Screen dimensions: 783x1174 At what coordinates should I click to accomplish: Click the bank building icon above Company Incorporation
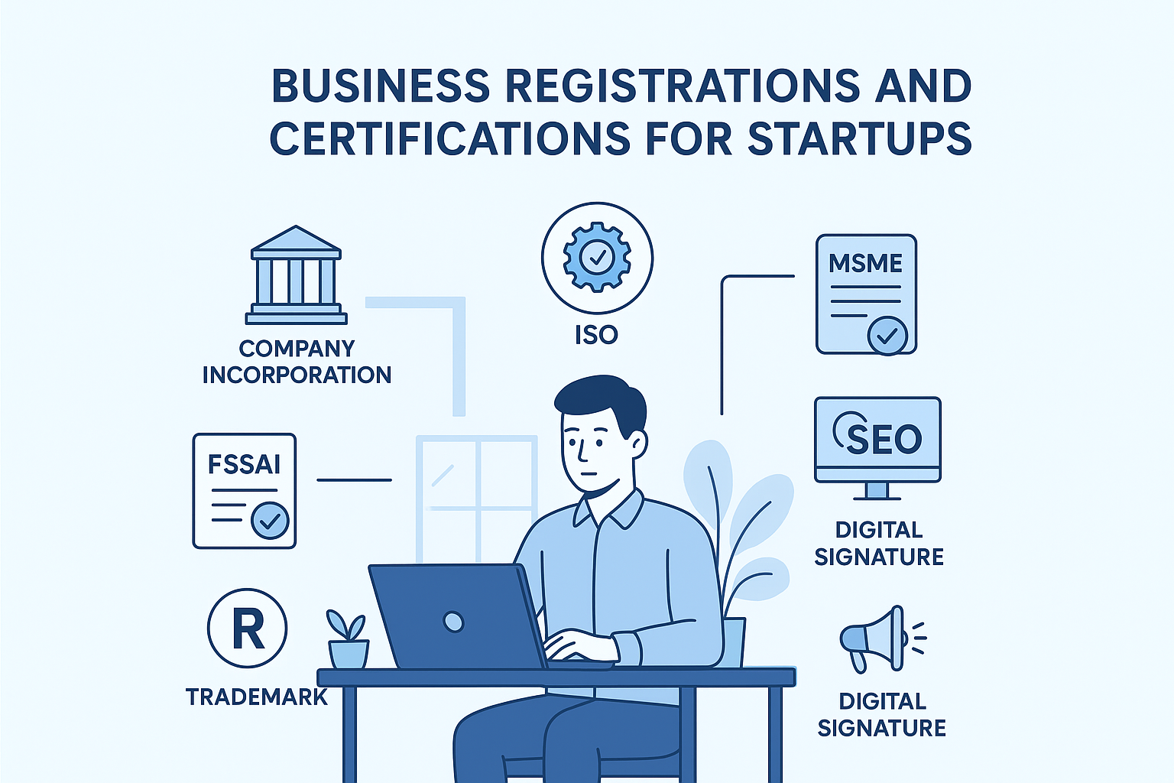[x=296, y=276]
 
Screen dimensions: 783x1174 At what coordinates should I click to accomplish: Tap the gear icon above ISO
[x=597, y=257]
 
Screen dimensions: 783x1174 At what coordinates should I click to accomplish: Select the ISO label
[x=596, y=335]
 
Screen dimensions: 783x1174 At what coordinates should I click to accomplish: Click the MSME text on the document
[x=865, y=264]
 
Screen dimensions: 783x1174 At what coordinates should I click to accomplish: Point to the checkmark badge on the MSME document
[x=887, y=334]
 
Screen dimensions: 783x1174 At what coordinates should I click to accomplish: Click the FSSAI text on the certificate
[x=244, y=464]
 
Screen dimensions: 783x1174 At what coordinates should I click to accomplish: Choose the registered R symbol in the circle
[x=247, y=629]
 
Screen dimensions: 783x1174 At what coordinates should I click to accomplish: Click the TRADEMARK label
[x=257, y=697]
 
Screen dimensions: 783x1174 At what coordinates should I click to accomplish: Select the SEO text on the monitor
[x=884, y=439]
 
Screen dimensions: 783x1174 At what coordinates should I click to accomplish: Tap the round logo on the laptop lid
[x=453, y=621]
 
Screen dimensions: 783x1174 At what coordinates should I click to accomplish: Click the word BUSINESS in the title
[x=381, y=86]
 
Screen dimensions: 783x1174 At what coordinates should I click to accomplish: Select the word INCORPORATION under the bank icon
[x=297, y=375]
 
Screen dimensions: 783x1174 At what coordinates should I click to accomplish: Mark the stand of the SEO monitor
[x=877, y=491]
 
